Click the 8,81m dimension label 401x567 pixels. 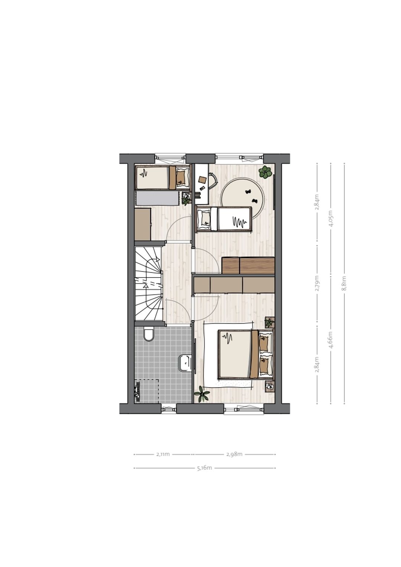tap(344, 283)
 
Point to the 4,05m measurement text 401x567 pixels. tap(330, 218)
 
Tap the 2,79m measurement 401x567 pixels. tap(317, 283)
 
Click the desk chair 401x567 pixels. tap(213, 181)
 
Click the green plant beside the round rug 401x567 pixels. tap(265, 173)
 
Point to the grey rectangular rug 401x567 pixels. tap(158, 198)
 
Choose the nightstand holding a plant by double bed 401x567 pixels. tap(270, 322)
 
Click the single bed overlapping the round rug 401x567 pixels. tap(224, 219)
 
